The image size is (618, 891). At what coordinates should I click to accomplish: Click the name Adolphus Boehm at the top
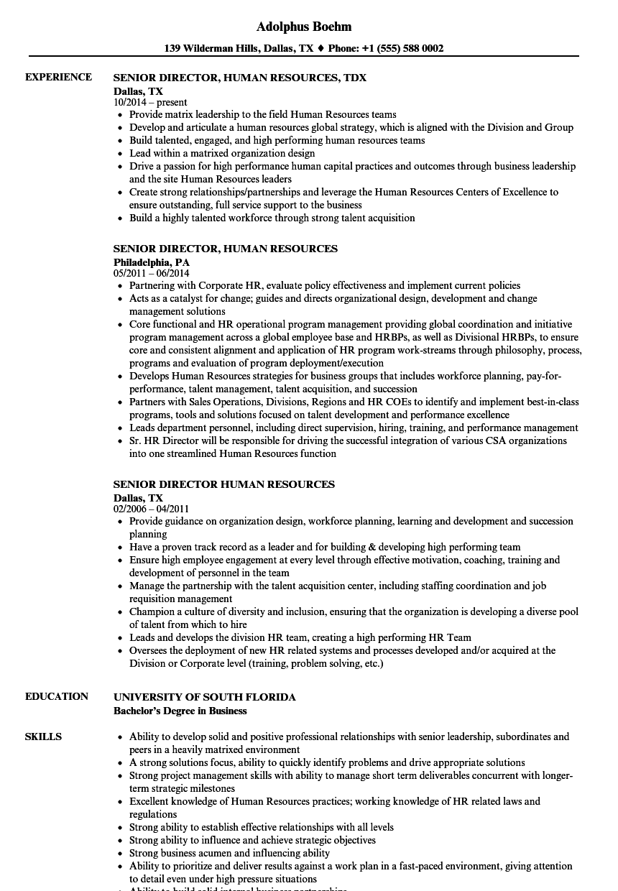tap(303, 27)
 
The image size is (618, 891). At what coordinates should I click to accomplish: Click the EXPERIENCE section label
tap(58, 77)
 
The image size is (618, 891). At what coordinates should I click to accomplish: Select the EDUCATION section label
tap(57, 696)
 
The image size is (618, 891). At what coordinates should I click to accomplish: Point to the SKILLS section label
tap(43, 737)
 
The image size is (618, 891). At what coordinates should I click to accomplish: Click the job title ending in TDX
tap(240, 78)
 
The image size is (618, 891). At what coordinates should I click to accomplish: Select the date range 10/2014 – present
tap(150, 103)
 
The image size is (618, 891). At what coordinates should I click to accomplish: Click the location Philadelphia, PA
tap(152, 262)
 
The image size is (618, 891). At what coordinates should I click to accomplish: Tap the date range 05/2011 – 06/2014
tap(152, 274)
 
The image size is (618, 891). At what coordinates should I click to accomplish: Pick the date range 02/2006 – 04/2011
tap(152, 509)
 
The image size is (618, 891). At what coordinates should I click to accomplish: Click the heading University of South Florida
tap(205, 697)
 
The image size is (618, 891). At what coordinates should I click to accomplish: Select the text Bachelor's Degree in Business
tap(180, 711)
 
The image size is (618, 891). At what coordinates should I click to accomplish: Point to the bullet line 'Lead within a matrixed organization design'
tap(222, 153)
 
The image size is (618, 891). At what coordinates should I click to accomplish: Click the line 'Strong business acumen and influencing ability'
tap(229, 853)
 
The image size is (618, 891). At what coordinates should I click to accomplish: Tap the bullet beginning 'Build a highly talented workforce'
tap(272, 218)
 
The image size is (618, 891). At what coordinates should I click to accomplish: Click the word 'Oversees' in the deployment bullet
tap(149, 650)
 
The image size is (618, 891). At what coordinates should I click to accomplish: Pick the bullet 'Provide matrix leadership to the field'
tap(262, 114)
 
